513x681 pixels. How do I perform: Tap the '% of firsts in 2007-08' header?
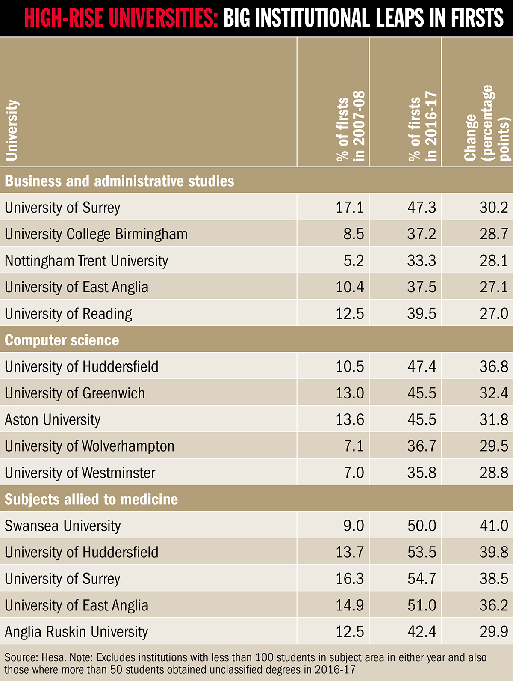[x=351, y=126]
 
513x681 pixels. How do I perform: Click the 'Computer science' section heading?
[x=62, y=340]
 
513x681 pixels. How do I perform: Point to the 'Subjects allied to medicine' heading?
[x=91, y=499]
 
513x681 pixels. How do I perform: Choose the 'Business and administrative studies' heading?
[x=119, y=181]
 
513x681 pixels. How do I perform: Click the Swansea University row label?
[x=63, y=526]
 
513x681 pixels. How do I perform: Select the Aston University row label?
[x=53, y=419]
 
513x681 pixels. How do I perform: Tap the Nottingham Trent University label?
[x=86, y=261]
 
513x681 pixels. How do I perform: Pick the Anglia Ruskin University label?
[x=77, y=632]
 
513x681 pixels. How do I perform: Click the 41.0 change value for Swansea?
[x=494, y=526]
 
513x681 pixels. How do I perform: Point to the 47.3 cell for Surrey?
[x=422, y=208]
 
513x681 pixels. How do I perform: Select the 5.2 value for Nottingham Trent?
[x=354, y=261]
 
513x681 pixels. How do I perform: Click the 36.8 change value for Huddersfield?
[x=494, y=367]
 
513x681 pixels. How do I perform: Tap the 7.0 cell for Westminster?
[x=354, y=473]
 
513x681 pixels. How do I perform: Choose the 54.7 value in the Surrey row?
[x=422, y=579]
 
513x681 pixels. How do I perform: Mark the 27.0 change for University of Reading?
[x=494, y=314]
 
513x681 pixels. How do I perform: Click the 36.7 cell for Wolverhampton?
[x=422, y=446]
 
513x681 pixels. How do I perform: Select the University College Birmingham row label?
[x=96, y=234]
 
